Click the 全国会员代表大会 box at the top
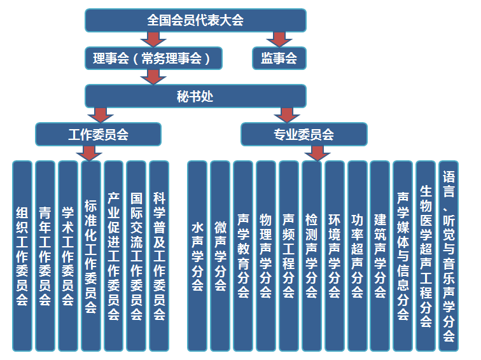click(195, 20)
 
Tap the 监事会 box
click(279, 58)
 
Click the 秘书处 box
click(195, 96)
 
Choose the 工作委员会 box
click(98, 134)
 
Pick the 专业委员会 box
click(303, 134)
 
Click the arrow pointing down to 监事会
click(279, 39)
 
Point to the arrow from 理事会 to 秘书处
click(153, 77)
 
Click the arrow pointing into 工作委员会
click(100, 114)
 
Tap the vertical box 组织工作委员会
click(22, 256)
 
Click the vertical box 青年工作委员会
click(45, 256)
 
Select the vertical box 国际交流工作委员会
click(136, 256)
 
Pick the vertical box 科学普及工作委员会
click(159, 256)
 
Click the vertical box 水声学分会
click(197, 256)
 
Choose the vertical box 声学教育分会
click(243, 256)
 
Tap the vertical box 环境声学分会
click(334, 256)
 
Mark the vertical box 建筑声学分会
click(380, 256)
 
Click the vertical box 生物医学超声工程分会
click(426, 256)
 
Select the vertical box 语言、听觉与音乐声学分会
click(449, 256)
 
